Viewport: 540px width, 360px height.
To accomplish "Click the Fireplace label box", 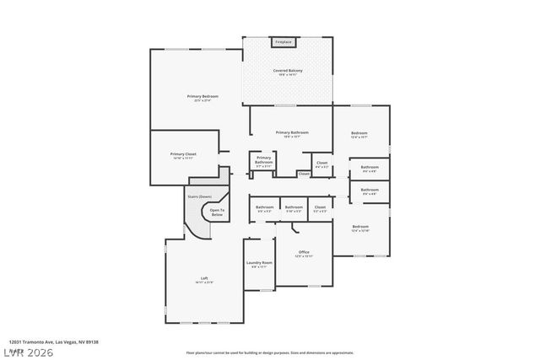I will point(283,41).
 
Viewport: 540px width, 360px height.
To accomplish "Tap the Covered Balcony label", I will point(288,70).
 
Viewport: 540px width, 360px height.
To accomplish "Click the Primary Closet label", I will point(183,153).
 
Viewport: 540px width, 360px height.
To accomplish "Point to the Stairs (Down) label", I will point(199,196).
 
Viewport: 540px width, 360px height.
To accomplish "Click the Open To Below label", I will point(217,212).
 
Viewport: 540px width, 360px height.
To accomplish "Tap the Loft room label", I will point(204,278).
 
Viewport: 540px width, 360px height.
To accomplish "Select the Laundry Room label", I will point(259,262).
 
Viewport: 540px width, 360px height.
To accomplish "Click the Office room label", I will point(304,251).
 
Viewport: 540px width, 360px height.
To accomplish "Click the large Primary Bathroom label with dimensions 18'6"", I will point(292,132).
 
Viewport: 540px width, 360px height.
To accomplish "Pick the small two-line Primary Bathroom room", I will point(264,161).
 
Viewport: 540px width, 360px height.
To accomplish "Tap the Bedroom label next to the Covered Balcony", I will point(359,132).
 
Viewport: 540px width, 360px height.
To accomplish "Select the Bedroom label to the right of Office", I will point(360,226).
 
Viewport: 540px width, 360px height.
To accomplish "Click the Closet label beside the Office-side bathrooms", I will point(320,207).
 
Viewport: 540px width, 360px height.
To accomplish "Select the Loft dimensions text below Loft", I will point(204,282).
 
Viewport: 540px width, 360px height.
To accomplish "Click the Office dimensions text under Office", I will point(304,256).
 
